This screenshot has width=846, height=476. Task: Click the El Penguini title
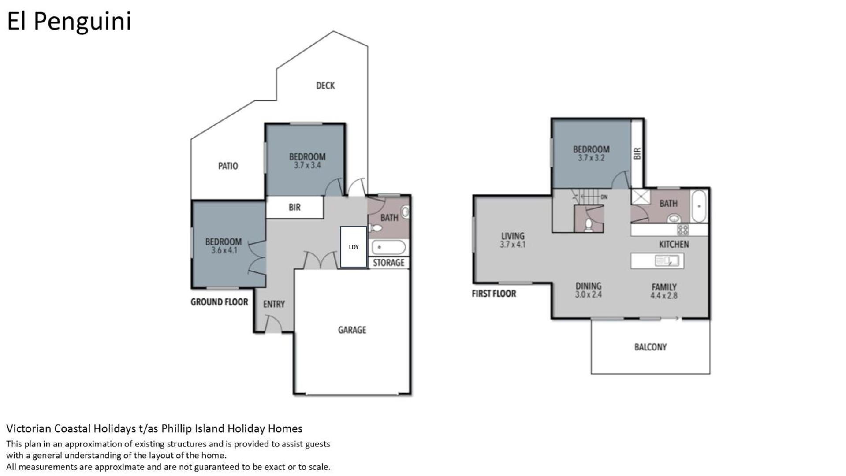[x=69, y=22]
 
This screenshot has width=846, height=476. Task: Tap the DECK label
[x=325, y=86]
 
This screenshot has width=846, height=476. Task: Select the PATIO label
[x=228, y=166]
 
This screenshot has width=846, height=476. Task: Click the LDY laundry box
[x=354, y=247]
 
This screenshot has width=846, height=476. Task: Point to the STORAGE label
[x=388, y=263]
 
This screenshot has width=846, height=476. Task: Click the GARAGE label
[x=352, y=330]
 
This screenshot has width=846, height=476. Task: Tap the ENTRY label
[x=274, y=304]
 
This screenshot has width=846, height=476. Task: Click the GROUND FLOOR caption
[x=219, y=302]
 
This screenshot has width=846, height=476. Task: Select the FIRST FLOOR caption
[x=494, y=294]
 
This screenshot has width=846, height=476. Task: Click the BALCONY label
[x=650, y=347]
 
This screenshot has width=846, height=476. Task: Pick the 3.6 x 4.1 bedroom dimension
[x=224, y=250]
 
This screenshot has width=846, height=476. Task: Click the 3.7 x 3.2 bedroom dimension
[x=591, y=158]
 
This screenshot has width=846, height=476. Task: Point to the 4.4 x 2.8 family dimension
[x=664, y=295]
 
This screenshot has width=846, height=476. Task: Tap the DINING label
[x=588, y=286]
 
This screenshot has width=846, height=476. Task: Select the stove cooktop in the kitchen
[x=682, y=230]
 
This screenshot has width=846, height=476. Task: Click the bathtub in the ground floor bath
[x=388, y=247]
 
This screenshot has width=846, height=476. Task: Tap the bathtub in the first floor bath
[x=699, y=206]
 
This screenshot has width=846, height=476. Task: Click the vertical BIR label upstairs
[x=637, y=153]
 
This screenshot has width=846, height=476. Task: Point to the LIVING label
[x=513, y=236]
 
